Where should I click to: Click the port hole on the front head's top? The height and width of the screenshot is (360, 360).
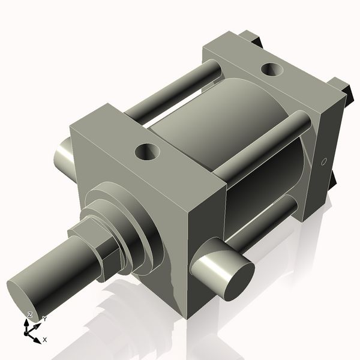tap(146, 152)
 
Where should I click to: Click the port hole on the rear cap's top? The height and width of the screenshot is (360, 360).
tap(272, 70)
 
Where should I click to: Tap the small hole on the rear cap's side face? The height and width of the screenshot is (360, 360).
tap(323, 161)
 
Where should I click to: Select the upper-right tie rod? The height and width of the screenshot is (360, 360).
tap(264, 147)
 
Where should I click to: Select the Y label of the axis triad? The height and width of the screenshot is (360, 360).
tap(44, 319)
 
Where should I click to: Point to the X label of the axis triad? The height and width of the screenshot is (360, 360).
tap(45, 340)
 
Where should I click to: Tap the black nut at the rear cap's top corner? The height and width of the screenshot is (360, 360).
tap(258, 40)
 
